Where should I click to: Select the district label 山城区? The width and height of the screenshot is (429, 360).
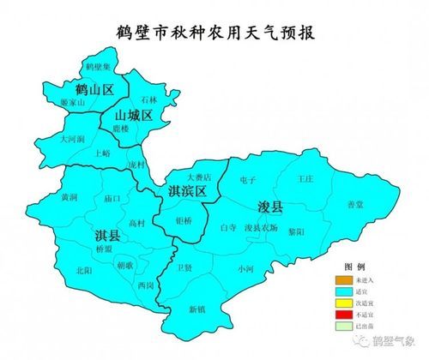tap(134, 115)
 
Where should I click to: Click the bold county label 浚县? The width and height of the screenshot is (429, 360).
tap(271, 207)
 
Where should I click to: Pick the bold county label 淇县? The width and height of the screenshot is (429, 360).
tap(107, 234)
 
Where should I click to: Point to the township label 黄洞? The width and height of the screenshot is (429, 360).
tap(69, 197)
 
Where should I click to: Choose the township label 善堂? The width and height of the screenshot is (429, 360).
tap(355, 204)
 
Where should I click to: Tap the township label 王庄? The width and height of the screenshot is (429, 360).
tap(305, 180)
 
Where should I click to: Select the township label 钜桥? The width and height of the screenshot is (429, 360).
tap(184, 220)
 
